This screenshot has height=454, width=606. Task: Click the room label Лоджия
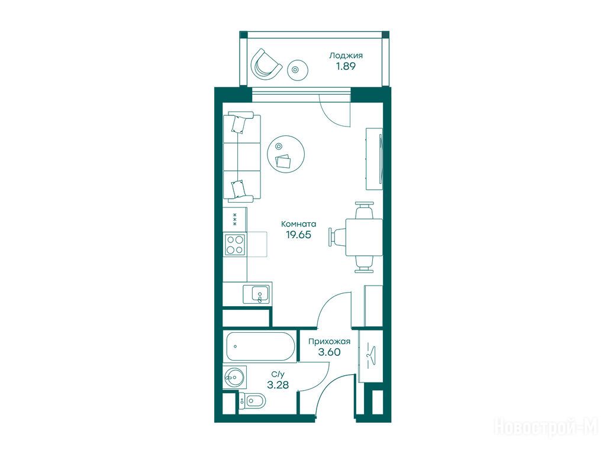point(346,56)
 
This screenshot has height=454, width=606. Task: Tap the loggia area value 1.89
point(345,66)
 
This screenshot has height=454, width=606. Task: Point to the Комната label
point(298,224)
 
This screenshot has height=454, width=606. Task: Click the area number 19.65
point(298,234)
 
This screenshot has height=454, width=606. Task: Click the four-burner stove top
point(235,244)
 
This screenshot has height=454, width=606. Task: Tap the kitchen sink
point(256,294)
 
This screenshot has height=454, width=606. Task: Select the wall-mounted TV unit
point(374,158)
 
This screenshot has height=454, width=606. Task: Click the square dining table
point(364,237)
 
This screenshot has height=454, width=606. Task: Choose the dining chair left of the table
point(337,236)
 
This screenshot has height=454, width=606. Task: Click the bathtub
point(261,346)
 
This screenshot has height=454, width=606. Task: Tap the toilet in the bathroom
point(252,401)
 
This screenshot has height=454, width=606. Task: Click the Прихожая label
point(329,341)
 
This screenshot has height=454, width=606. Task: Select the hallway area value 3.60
point(329,352)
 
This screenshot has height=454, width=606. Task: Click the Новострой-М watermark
point(546,427)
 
